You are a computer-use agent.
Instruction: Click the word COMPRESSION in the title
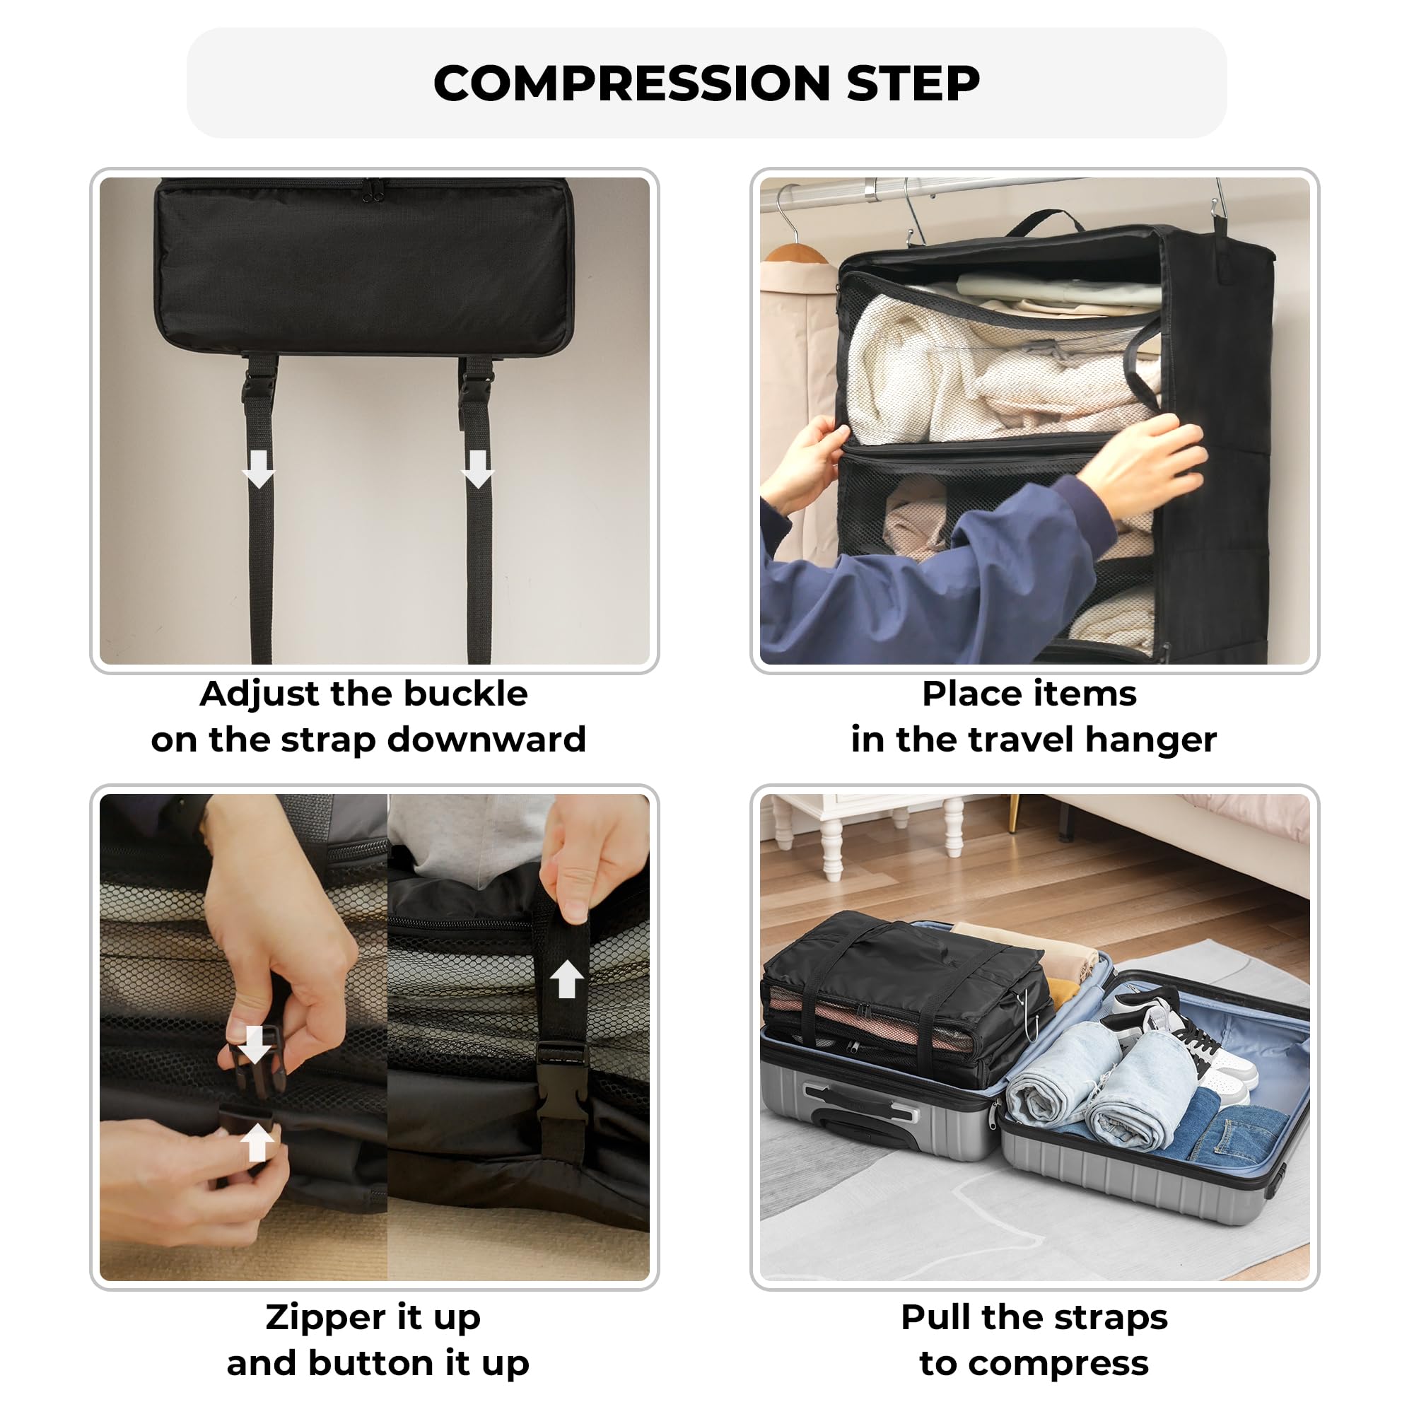[x=632, y=83]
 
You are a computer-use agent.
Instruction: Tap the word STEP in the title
[x=913, y=83]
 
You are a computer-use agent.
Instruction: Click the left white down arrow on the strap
[x=258, y=469]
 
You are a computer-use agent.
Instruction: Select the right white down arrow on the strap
[x=478, y=469]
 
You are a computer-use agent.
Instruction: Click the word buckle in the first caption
[x=465, y=693]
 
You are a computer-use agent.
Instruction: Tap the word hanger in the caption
[x=1151, y=741]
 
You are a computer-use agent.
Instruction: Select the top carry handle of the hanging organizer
[x=1045, y=221]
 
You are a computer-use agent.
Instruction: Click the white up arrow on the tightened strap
[x=566, y=979]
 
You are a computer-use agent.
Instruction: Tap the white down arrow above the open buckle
[x=254, y=1045]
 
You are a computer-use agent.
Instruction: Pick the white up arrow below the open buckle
[x=257, y=1143]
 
